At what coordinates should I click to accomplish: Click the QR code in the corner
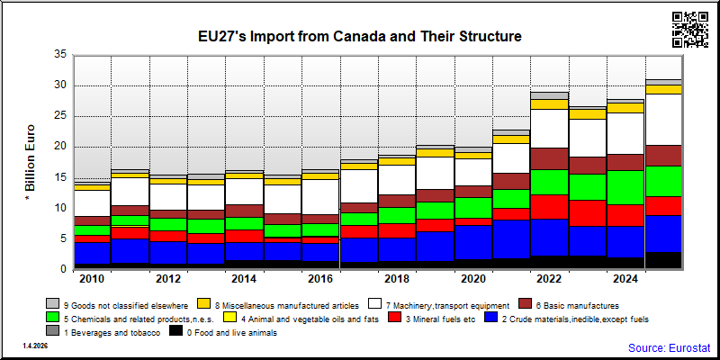690,30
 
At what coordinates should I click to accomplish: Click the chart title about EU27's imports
359,36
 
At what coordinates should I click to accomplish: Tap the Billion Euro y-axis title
30,162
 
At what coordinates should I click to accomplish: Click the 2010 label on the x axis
93,279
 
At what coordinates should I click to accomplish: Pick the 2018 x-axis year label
397,279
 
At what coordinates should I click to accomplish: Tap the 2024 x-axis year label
625,279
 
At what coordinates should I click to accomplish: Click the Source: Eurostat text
669,347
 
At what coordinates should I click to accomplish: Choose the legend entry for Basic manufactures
569,305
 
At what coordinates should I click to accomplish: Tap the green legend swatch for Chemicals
53,319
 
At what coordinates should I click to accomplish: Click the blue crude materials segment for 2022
550,237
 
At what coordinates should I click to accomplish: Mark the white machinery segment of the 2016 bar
320,197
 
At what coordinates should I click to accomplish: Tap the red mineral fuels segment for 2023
588,213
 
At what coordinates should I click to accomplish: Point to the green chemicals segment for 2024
625,187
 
